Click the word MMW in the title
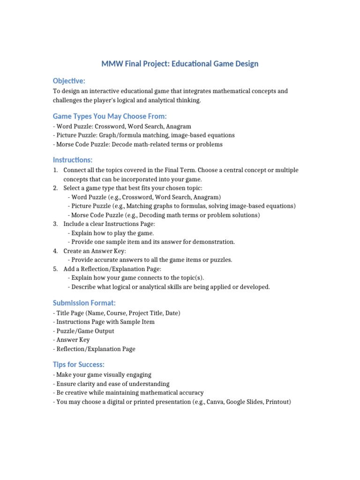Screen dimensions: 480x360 tap(112, 63)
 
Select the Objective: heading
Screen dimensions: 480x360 tap(69, 81)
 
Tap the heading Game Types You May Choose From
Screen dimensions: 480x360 tap(110, 116)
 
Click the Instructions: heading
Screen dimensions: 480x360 tap(73, 160)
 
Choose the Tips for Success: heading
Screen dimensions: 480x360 tap(78, 364)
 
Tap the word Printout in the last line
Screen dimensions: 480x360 tap(277, 402)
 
